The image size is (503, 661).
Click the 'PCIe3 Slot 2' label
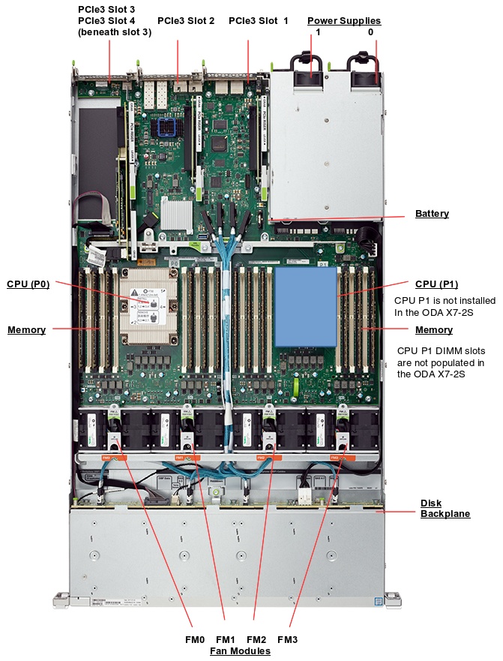pos(186,21)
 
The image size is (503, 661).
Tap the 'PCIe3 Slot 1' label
pos(258,21)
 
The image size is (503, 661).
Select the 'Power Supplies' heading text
pos(344,21)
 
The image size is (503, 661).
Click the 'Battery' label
pos(432,214)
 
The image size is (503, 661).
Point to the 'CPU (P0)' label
pos(28,284)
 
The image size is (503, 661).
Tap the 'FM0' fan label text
pos(194,639)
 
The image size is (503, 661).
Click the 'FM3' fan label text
pos(287,639)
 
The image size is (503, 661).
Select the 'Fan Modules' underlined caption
pos(240,651)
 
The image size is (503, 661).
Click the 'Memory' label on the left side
pos(26,330)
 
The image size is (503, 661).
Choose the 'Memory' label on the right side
pos(434,330)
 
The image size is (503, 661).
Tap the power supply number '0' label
pos(370,33)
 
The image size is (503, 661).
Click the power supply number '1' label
pos(319,33)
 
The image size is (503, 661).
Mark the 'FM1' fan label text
pos(226,639)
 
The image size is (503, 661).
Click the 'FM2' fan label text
pos(256,639)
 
